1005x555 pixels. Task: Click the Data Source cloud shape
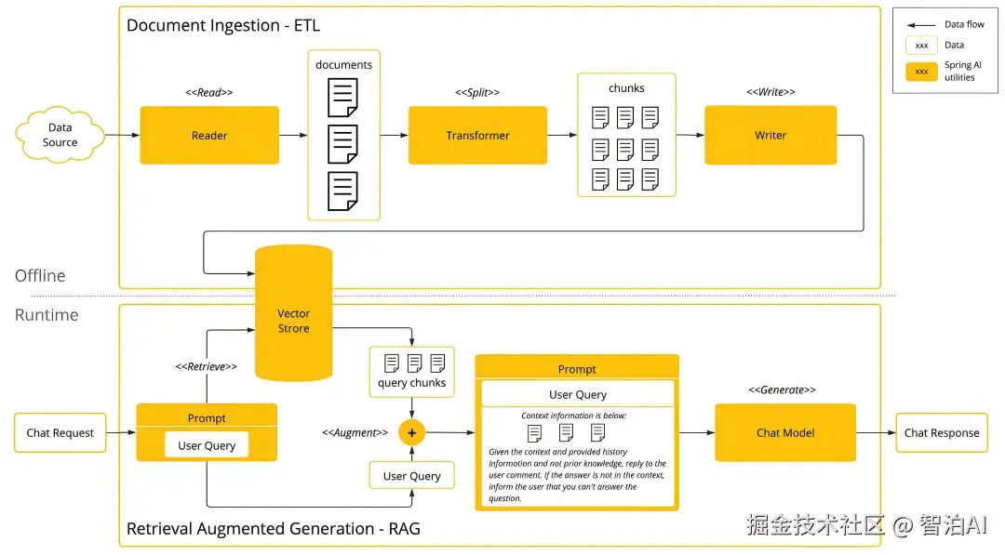coord(60,136)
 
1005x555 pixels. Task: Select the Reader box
coord(209,136)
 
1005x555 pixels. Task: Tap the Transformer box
coord(477,136)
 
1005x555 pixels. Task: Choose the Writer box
coord(770,136)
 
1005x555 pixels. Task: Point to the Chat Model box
coord(785,432)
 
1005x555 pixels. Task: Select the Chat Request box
coord(60,433)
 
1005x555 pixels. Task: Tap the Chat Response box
coord(942,433)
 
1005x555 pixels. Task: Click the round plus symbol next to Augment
coord(412,433)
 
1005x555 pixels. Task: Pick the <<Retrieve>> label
coord(207,367)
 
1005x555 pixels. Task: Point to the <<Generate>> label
coord(783,390)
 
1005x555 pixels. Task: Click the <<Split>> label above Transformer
coord(477,93)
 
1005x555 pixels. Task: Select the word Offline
coord(40,276)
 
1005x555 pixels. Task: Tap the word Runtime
coord(47,315)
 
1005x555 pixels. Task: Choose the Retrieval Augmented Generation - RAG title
coord(274,529)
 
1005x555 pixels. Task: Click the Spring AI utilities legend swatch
coord(921,72)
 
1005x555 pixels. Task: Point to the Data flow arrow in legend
coord(921,24)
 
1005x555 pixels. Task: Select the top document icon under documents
coord(342,98)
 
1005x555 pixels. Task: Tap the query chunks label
coord(411,383)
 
